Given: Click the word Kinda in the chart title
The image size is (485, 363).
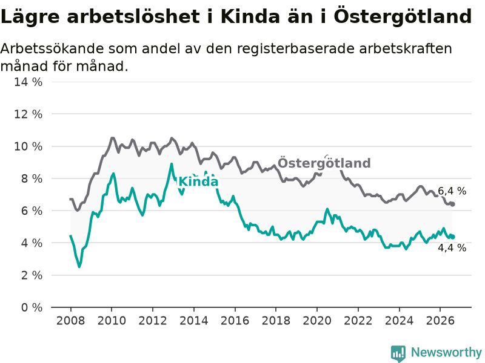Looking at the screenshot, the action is [250, 16].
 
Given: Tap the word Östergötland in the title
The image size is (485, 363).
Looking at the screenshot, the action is [403, 16].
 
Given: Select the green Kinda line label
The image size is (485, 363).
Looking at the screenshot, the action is [198, 181].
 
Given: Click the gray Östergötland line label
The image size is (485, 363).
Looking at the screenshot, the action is [324, 163].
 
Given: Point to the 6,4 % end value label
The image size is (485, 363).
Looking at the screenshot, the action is [452, 191].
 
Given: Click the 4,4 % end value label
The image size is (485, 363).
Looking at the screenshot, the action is [452, 247].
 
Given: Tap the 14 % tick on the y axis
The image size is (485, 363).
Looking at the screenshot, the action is [28, 82].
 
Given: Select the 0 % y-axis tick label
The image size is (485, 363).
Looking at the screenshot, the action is [32, 307].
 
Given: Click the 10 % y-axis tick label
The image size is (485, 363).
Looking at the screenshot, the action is [28, 146].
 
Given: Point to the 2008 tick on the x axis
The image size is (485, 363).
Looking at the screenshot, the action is [70, 321].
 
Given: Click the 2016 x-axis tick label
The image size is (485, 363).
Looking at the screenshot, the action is [235, 321].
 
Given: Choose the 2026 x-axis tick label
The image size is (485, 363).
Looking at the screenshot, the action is [440, 321].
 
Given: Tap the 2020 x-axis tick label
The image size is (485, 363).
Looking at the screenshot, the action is [317, 321].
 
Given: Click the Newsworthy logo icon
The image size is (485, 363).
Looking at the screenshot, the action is [398, 353].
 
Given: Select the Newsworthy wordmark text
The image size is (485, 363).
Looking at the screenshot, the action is [446, 352].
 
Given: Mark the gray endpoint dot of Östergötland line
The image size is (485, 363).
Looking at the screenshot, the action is [452, 204].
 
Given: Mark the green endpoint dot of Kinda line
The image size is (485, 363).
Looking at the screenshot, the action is [452, 237].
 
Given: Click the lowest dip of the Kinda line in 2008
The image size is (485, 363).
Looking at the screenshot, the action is [79, 266].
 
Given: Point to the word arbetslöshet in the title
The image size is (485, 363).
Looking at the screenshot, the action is [133, 16].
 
